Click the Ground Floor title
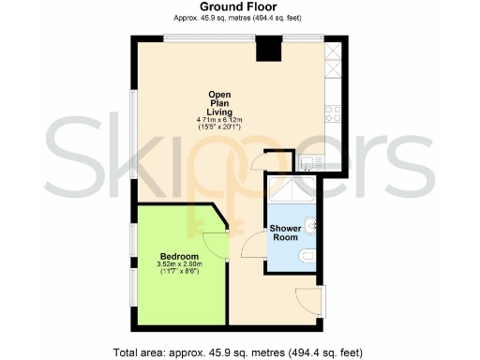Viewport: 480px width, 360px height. pyautogui.click(x=238, y=7)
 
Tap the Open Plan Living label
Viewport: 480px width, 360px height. pyautogui.click(x=220, y=102)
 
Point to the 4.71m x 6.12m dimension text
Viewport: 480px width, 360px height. pyautogui.click(x=220, y=120)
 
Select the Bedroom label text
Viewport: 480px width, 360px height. pyautogui.click(x=179, y=257)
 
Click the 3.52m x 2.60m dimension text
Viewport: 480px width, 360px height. pyautogui.click(x=179, y=265)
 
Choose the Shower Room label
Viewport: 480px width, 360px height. pyautogui.click(x=285, y=232)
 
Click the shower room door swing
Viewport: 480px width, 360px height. pyautogui.click(x=251, y=247)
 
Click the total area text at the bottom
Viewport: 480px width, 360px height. pyautogui.click(x=237, y=352)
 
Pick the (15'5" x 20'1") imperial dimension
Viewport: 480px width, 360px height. pyautogui.click(x=220, y=127)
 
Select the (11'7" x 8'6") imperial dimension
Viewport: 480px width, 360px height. pyautogui.click(x=179, y=273)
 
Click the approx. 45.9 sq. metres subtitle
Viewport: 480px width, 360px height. pyautogui.click(x=238, y=19)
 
